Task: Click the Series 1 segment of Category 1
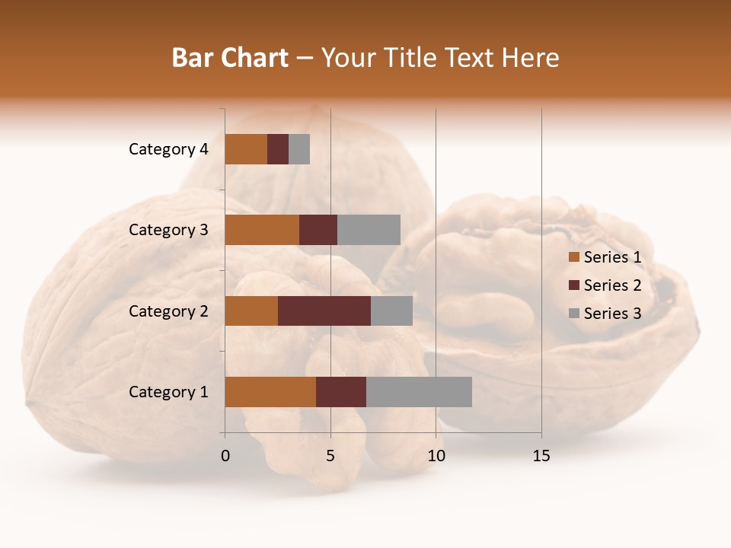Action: [x=270, y=392]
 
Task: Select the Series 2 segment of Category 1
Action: [x=341, y=392]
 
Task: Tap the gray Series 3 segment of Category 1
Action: [x=419, y=392]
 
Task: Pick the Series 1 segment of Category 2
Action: [x=251, y=311]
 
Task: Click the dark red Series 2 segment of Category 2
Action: [x=324, y=311]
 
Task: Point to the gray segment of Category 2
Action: [x=391, y=311]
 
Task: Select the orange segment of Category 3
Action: [x=262, y=230]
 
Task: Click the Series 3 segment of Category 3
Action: [x=369, y=230]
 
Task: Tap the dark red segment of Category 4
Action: [x=278, y=149]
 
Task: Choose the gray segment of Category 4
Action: [x=299, y=149]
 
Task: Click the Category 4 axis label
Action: [x=168, y=149]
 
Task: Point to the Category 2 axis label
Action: [x=168, y=311]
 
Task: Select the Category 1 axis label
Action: [x=168, y=392]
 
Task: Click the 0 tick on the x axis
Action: [x=225, y=457]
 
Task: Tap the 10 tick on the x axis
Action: [x=436, y=457]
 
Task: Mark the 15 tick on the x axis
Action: [x=541, y=457]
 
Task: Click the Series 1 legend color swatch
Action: [x=573, y=257]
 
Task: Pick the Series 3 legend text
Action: [x=612, y=314]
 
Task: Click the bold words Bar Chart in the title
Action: [x=230, y=58]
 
